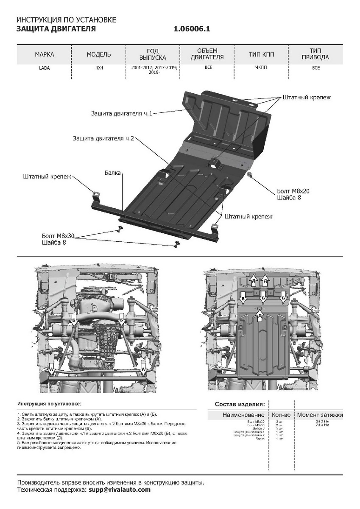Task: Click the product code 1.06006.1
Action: point(192,29)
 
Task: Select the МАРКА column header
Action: point(45,55)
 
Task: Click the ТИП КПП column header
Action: point(261,55)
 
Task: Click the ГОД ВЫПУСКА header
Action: point(153,54)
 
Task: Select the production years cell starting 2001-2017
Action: point(154,70)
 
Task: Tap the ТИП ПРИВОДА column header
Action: point(316,54)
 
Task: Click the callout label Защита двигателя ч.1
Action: point(121,113)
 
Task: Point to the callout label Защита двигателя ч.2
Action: point(103,139)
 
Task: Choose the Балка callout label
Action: point(113,173)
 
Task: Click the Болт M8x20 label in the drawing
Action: point(293,191)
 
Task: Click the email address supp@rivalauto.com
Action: point(120,490)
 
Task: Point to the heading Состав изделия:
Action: point(240,404)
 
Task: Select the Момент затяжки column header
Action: point(320,415)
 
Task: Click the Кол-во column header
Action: point(281,415)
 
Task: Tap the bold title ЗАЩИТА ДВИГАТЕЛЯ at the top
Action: point(56,29)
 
